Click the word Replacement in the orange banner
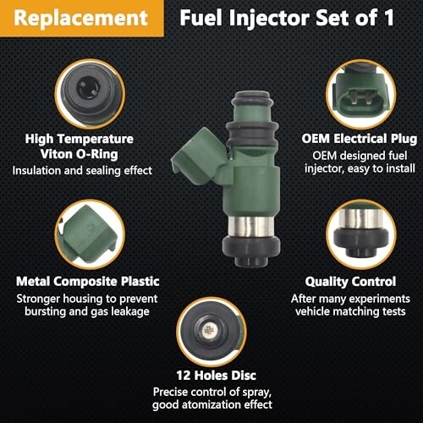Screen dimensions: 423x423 [80, 18]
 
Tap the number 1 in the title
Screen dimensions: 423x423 [389, 18]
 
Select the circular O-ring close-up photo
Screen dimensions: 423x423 [90, 94]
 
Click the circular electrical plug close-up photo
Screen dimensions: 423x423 [360, 95]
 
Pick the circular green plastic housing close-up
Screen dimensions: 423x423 [90, 234]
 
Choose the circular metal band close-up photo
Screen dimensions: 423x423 [361, 234]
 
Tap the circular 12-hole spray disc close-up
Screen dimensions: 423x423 [211, 332]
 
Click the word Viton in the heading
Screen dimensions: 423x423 [56, 154]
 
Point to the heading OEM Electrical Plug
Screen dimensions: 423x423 [359, 139]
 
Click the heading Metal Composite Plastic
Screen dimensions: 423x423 [88, 282]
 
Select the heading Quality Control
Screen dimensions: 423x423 [350, 282]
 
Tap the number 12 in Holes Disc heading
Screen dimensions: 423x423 [184, 376]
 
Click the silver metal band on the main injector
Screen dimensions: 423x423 [250, 227]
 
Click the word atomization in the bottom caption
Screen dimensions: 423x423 [211, 404]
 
